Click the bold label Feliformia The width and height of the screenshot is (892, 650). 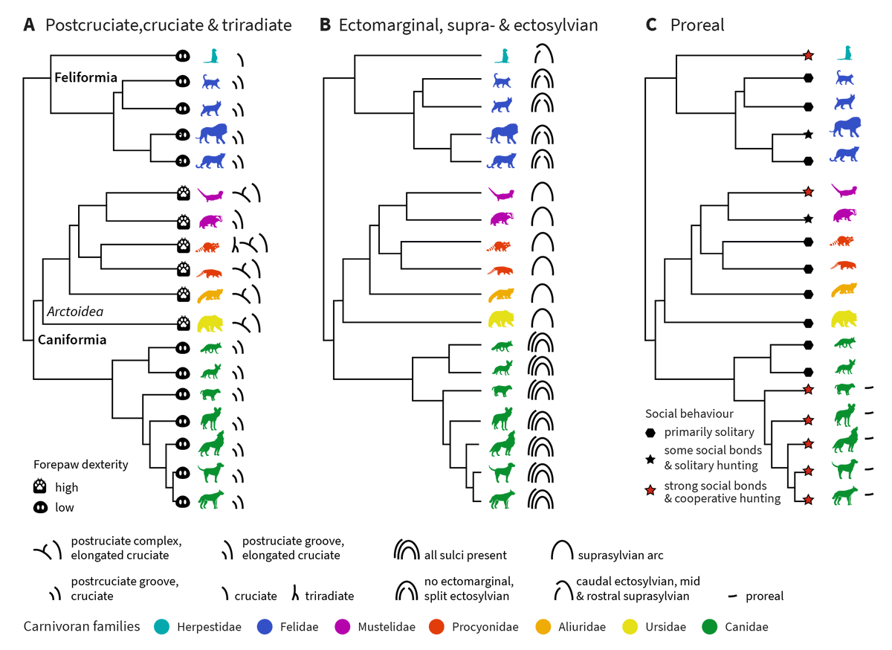click(85, 77)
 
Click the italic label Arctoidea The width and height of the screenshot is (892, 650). click(74, 312)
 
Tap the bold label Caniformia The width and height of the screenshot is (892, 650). click(72, 340)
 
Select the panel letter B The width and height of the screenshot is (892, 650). click(325, 25)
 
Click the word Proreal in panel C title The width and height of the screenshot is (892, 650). click(697, 25)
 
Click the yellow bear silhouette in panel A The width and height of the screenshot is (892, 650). click(212, 324)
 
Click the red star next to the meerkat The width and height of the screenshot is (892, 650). click(809, 55)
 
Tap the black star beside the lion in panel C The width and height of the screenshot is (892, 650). click(809, 135)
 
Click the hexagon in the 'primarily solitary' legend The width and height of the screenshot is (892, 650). click(651, 433)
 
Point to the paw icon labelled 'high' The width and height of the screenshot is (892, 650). click(42, 487)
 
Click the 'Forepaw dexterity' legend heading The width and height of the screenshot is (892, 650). click(80, 465)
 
